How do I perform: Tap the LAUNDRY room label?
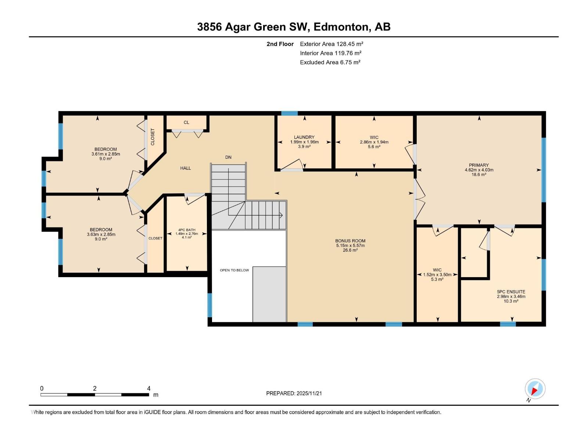point(304,137)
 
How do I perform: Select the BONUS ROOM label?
point(350,241)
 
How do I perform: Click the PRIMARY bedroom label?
point(479,165)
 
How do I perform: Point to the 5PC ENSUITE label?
point(511,292)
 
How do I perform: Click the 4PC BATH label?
point(187,230)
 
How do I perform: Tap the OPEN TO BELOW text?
point(234,270)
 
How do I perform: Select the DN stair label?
point(228,157)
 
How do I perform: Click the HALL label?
point(186,168)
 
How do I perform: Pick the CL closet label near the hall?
point(186,122)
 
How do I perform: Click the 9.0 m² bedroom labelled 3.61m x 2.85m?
point(105,154)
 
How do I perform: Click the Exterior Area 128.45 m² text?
point(331,44)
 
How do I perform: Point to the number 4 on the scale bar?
point(148,388)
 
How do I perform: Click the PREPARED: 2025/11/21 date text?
point(294,393)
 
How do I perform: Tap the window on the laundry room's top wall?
point(289,113)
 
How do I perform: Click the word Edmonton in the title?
point(341,27)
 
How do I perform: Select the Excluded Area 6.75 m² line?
point(330,62)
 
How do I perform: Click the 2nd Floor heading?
point(280,44)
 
